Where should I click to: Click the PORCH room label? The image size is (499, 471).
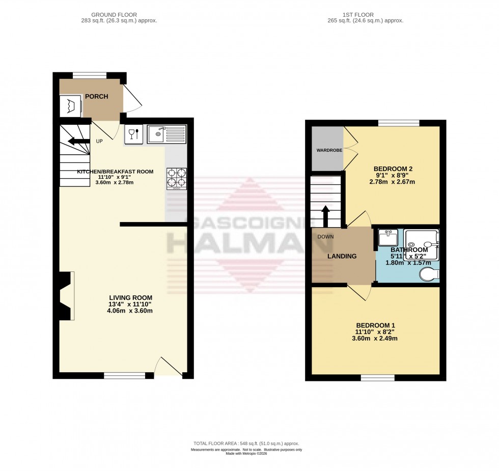[x=96, y=97]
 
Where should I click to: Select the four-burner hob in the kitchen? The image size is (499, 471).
[x=177, y=179]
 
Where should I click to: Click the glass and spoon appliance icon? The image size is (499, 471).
[x=134, y=134]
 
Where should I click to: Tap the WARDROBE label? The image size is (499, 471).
[x=328, y=150]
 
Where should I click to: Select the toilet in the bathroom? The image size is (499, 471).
[x=429, y=275]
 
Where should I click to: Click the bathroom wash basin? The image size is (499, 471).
[x=389, y=238]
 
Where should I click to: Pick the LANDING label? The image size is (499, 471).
[x=342, y=256]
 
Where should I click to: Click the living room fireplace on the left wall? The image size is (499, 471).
[x=66, y=296]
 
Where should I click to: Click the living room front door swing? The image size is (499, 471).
[x=168, y=367]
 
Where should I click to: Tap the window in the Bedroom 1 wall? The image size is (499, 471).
[x=377, y=378]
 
